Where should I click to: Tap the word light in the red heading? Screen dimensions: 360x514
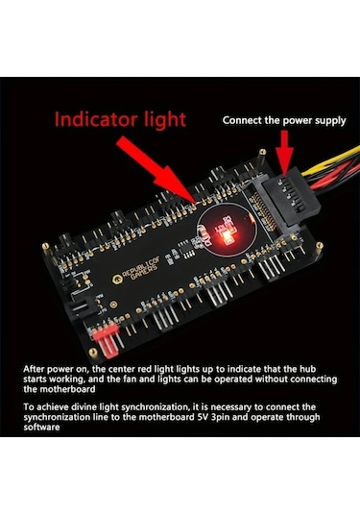pos(165,120)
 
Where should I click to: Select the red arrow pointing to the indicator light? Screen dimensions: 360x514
pos(156,170)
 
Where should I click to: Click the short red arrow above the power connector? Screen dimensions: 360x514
pos(284,152)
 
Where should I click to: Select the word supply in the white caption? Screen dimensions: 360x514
pos(330,121)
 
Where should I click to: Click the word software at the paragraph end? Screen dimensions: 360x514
pos(41,428)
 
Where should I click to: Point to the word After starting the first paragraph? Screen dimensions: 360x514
pos(34,369)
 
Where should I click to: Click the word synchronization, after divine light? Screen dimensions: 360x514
pos(156,407)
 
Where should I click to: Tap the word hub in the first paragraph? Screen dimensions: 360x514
pos(307,369)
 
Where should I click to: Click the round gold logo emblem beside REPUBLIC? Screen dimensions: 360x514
pos(117,280)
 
